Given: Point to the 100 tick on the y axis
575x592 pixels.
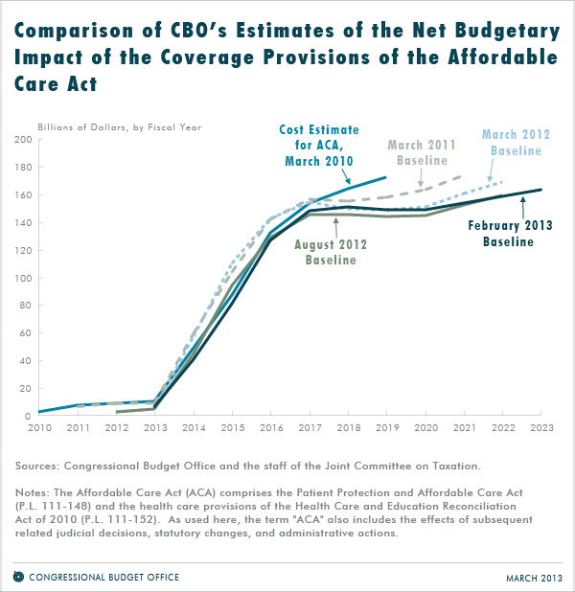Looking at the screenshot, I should point(23,278).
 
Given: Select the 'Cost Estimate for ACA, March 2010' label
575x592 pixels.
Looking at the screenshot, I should point(316,145).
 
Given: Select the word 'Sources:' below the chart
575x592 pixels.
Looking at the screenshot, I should point(38,466).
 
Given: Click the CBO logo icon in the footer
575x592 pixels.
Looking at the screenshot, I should point(19,577).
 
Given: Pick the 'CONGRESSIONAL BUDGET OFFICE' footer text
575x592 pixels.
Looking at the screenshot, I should point(104,578).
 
